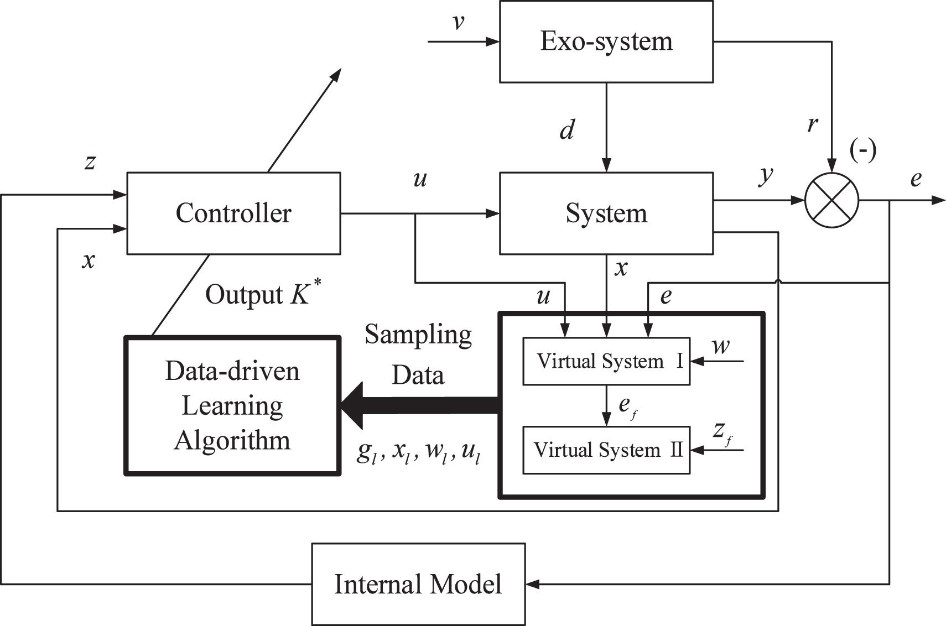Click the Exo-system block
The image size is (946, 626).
coord(606,41)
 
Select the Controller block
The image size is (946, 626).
coord(233,213)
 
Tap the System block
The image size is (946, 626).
coord(606,213)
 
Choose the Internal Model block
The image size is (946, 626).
coord(418,584)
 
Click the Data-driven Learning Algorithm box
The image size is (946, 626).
coord(232,405)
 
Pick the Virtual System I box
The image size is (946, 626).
coord(606,361)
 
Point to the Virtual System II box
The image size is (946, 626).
coord(606,450)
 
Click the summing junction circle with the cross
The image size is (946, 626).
coord(831,200)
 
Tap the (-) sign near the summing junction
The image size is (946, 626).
coord(863,150)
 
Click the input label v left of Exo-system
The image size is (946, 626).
coord(458,23)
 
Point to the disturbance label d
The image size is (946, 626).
coord(567,130)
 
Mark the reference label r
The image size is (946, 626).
coord(812,124)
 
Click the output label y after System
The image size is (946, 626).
coord(765,176)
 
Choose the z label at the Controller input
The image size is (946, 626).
coord(90,162)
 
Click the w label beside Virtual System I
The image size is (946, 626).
coord(720,347)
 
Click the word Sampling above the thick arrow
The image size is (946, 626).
coord(418,335)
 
